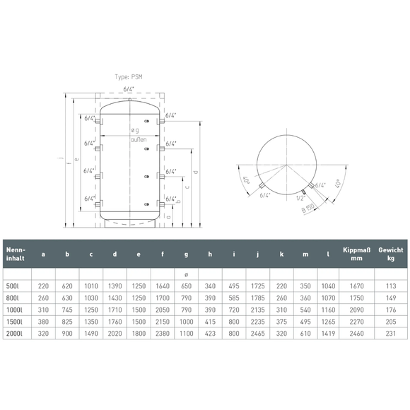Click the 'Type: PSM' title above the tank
pos(129,77)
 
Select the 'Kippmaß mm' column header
pos(357,254)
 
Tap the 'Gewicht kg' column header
pos(391,254)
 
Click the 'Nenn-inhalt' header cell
pos(16,254)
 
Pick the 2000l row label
pos(14,334)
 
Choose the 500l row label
pos(13,286)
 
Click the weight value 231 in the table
pos(391,334)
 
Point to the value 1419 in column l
pos(328,334)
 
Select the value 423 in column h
pos(210,334)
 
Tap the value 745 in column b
pos(67,310)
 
